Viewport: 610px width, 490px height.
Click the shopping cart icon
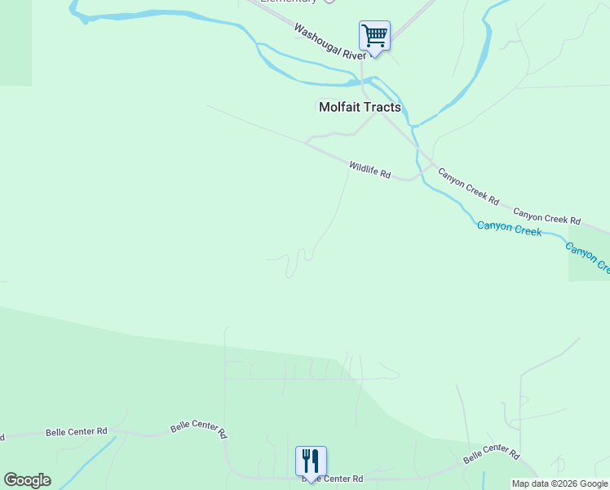point(374,36)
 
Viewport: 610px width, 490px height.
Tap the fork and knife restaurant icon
point(311,461)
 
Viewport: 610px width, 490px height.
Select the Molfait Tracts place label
point(360,107)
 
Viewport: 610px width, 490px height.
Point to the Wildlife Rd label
point(370,170)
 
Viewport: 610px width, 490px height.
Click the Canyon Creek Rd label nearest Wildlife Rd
point(468,185)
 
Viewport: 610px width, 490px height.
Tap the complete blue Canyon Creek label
point(509,229)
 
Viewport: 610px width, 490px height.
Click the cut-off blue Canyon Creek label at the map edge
point(587,257)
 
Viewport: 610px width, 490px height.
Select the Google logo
point(27,480)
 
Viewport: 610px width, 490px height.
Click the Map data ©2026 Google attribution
point(559,483)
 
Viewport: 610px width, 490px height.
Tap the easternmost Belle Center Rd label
point(491,454)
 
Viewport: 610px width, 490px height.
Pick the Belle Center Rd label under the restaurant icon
point(332,479)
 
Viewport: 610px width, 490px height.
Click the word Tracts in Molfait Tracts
point(382,107)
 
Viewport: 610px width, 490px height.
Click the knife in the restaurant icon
point(316,461)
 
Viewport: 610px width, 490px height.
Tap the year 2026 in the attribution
point(565,483)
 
